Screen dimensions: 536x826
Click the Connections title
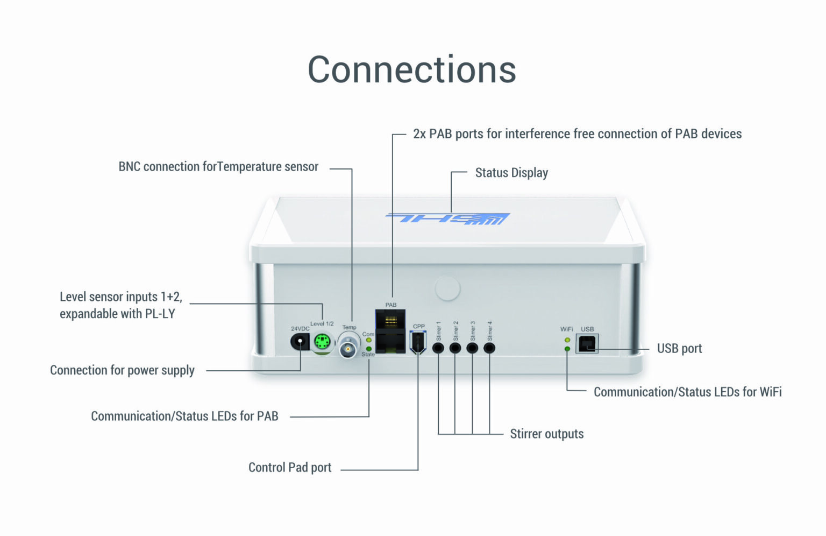pyautogui.click(x=411, y=70)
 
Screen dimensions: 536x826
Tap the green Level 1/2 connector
pyautogui.click(x=322, y=342)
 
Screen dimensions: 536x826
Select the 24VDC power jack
pyautogui.click(x=299, y=342)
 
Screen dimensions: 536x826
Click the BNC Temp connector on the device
pyautogui.click(x=348, y=348)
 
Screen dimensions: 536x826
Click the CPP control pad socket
pyautogui.click(x=418, y=343)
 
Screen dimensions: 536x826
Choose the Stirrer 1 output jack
pyautogui.click(x=438, y=348)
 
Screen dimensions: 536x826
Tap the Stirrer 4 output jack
pyautogui.click(x=489, y=348)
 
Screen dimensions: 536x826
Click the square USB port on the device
pyautogui.click(x=587, y=343)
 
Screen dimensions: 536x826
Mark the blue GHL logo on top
pyautogui.click(x=448, y=218)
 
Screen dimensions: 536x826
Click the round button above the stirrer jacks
pyautogui.click(x=447, y=288)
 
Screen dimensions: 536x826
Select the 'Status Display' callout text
pyautogui.click(x=511, y=173)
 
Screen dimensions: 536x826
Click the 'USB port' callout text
pyautogui.click(x=679, y=349)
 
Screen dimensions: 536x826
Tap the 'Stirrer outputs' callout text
pyautogui.click(x=546, y=434)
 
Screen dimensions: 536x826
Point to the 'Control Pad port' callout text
pyautogui.click(x=290, y=467)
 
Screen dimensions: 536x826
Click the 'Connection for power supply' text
pyautogui.click(x=122, y=370)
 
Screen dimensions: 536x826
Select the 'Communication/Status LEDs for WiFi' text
pyautogui.click(x=687, y=392)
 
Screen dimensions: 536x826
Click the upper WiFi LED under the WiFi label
pyautogui.click(x=567, y=340)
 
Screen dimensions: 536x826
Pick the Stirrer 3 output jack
pyautogui.click(x=472, y=348)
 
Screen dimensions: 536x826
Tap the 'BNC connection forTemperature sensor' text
pyautogui.click(x=218, y=167)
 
